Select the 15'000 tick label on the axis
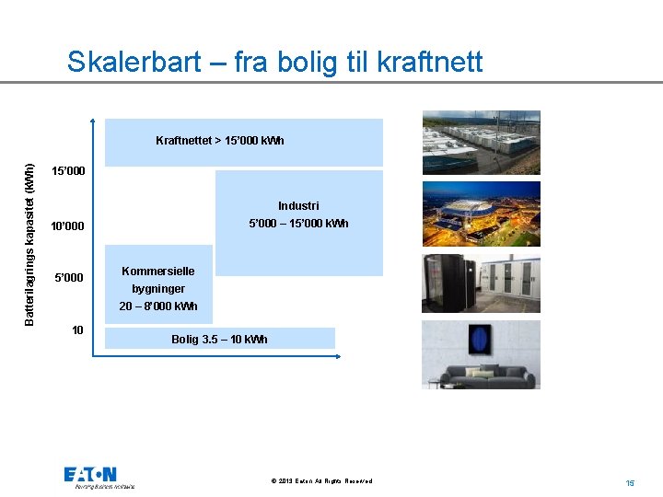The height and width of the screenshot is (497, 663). click(68, 171)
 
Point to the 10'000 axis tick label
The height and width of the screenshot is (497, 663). click(68, 226)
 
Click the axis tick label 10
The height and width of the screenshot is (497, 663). click(78, 329)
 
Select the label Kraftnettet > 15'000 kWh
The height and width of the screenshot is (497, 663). click(220, 141)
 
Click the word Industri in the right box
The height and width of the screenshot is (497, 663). click(298, 206)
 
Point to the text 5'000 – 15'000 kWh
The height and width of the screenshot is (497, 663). click(298, 224)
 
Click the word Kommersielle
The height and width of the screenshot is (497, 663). click(158, 272)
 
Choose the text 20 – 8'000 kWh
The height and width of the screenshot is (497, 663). click(158, 306)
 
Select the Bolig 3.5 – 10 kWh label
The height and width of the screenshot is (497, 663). click(219, 340)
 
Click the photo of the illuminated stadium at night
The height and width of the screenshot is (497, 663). click(481, 214)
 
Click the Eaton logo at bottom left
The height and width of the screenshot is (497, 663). click(90, 475)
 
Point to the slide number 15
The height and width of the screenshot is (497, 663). click(631, 482)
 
